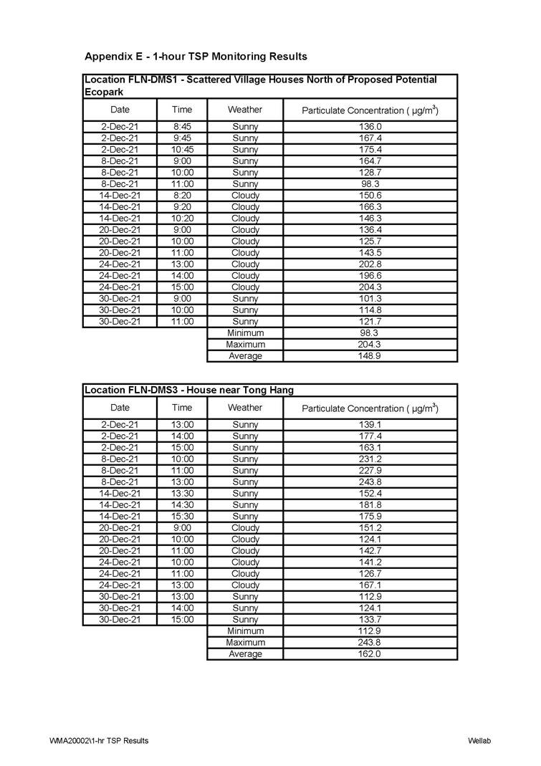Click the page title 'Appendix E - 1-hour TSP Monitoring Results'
click(x=196, y=56)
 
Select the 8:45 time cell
click(x=182, y=127)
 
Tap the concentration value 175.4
click(x=370, y=150)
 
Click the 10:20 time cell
click(x=182, y=219)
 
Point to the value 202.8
click(x=370, y=264)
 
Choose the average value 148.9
click(x=370, y=356)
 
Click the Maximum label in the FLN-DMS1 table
click(x=245, y=345)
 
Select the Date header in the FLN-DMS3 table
click(x=120, y=408)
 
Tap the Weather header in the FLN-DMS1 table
click(x=245, y=110)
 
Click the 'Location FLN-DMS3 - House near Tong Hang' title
click(x=189, y=391)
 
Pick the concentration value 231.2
click(x=370, y=459)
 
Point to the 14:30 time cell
click(x=182, y=505)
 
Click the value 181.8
click(x=370, y=505)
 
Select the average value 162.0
click(x=370, y=654)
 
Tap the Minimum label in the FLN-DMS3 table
click(x=245, y=631)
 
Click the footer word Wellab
click(x=479, y=740)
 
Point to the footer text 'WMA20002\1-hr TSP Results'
click(x=100, y=740)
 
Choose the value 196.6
click(x=370, y=276)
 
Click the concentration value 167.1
click(x=370, y=585)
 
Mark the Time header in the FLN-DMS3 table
click(x=182, y=408)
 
